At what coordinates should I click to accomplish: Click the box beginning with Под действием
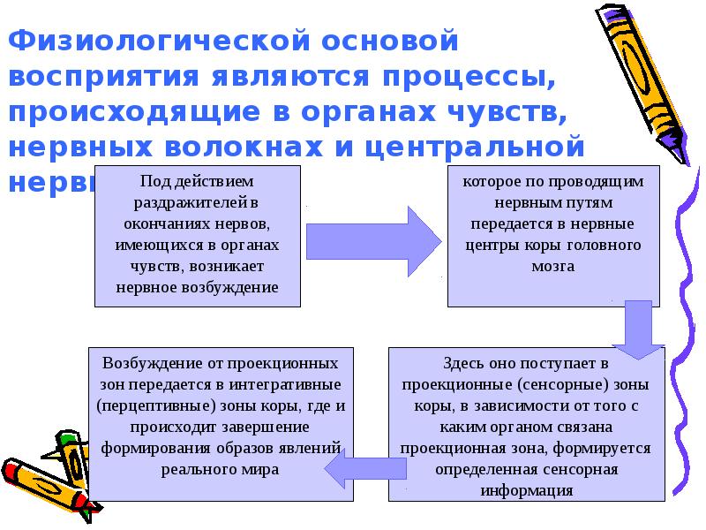pyautogui.click(x=197, y=234)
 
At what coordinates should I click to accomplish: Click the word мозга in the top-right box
pyautogui.click(x=554, y=266)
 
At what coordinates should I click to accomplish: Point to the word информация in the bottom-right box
pyautogui.click(x=527, y=489)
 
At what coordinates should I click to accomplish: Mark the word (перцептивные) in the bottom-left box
pyautogui.click(x=145, y=406)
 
